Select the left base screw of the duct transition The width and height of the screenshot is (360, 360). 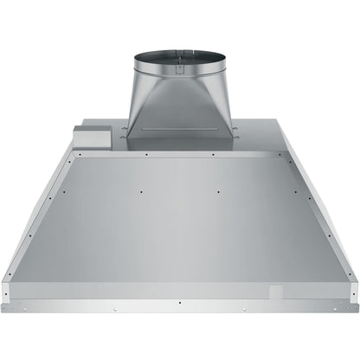point(125,132)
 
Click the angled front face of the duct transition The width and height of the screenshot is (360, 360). point(180,104)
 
